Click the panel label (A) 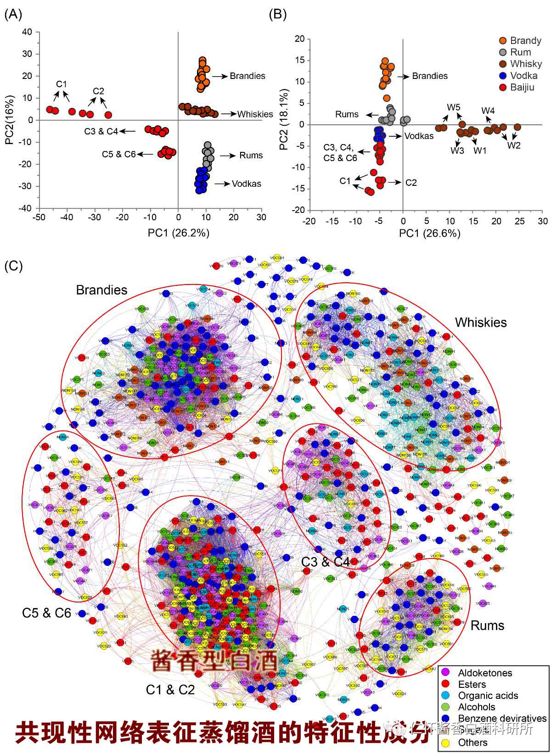click(13, 15)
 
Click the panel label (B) click(277, 15)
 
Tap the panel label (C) click(13, 266)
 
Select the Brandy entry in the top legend click(525, 40)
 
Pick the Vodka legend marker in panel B click(503, 76)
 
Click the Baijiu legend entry click(522, 87)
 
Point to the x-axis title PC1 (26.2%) click(178, 233)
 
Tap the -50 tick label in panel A click(39, 218)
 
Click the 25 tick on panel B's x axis click(519, 221)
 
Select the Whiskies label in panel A click(255, 114)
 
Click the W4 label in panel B click(488, 111)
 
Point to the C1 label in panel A click(62, 84)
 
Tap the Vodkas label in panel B click(419, 136)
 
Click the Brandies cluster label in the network click(101, 290)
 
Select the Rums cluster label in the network click(487, 625)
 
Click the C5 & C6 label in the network click(46, 613)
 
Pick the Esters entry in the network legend click(472, 684)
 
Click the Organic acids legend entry click(488, 696)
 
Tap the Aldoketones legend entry click(485, 673)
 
